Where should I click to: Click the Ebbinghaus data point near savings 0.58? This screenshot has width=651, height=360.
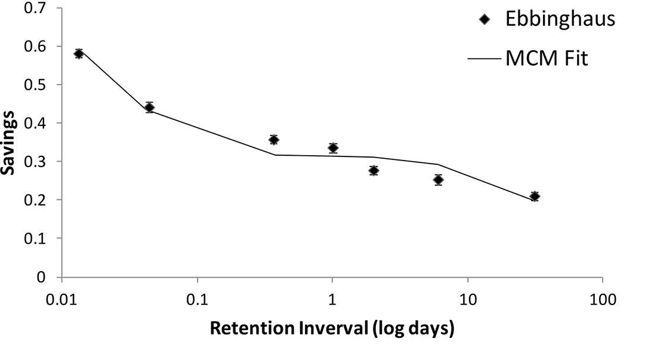click(x=79, y=54)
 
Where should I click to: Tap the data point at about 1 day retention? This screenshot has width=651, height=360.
click(x=333, y=148)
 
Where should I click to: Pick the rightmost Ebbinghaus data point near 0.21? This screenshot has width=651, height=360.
click(x=535, y=196)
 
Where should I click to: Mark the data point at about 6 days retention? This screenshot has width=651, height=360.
click(x=439, y=180)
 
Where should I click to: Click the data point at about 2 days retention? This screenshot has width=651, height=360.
click(x=374, y=171)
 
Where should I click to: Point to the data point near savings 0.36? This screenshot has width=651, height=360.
click(x=274, y=140)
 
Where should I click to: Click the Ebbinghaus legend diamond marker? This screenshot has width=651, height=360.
click(x=484, y=20)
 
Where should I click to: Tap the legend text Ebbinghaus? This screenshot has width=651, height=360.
click(x=560, y=19)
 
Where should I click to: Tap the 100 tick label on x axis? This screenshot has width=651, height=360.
click(x=602, y=300)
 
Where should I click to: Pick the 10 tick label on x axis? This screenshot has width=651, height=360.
click(x=467, y=300)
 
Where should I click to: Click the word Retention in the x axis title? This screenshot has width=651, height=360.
click(x=245, y=329)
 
